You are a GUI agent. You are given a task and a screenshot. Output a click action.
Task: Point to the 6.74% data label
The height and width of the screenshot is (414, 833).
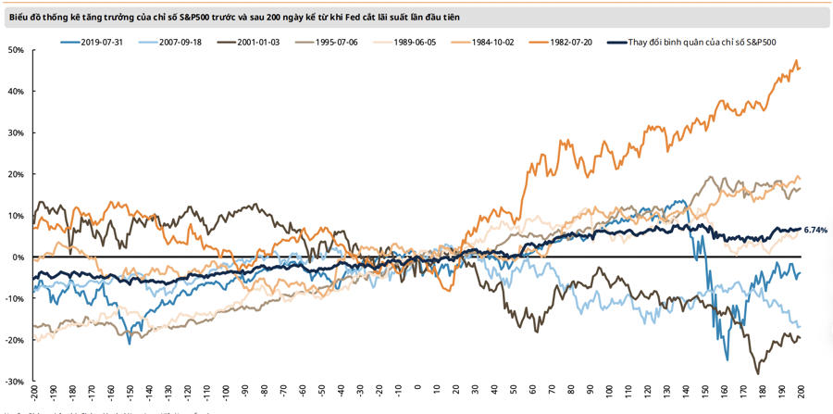click(x=815, y=230)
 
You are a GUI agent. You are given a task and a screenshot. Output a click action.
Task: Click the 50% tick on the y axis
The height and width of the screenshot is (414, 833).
click(x=16, y=49)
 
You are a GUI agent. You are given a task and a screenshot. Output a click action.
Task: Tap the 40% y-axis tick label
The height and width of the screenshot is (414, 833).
click(x=16, y=91)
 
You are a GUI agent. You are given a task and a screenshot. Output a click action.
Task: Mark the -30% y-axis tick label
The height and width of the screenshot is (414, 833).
click(x=14, y=382)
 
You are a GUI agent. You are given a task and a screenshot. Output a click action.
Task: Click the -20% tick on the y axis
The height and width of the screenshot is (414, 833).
click(x=14, y=340)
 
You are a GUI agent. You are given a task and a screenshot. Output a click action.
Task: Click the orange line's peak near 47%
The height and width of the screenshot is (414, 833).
click(x=796, y=61)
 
